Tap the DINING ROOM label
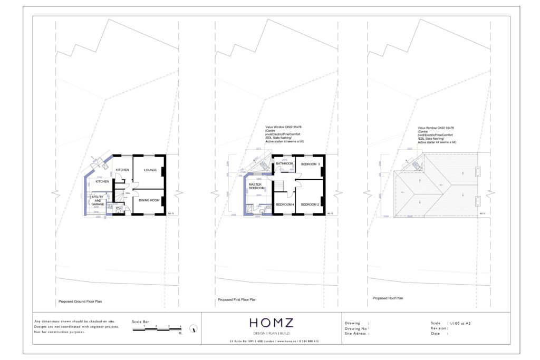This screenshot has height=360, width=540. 148,200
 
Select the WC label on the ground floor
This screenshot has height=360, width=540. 119,208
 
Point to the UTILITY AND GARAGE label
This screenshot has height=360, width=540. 98,200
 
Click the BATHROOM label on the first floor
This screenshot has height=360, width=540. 285,164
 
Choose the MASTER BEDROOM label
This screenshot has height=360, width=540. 256,186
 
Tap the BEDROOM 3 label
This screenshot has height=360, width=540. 311,164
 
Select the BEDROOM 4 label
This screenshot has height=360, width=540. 285,204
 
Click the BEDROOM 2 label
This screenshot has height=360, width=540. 311,204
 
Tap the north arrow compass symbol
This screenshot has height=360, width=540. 194,328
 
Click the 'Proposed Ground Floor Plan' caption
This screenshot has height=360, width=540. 80,302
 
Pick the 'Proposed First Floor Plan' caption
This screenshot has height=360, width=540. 237,299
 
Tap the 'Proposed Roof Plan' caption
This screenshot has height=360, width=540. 388,298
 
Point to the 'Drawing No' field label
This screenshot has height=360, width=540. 357,328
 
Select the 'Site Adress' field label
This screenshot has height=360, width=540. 357,333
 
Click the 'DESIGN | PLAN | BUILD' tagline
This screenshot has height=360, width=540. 271,333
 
